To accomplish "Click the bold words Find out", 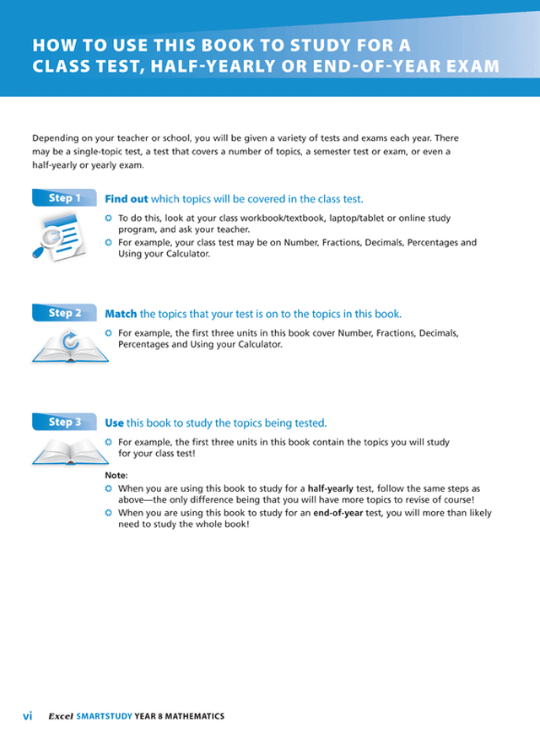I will point(127,199).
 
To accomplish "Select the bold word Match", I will point(121,314).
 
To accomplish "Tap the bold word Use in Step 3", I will point(114,423).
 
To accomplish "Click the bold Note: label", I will point(116,476).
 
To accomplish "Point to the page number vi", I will point(28,716).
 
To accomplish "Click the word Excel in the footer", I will point(60,716).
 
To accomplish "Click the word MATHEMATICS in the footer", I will point(194,716).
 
